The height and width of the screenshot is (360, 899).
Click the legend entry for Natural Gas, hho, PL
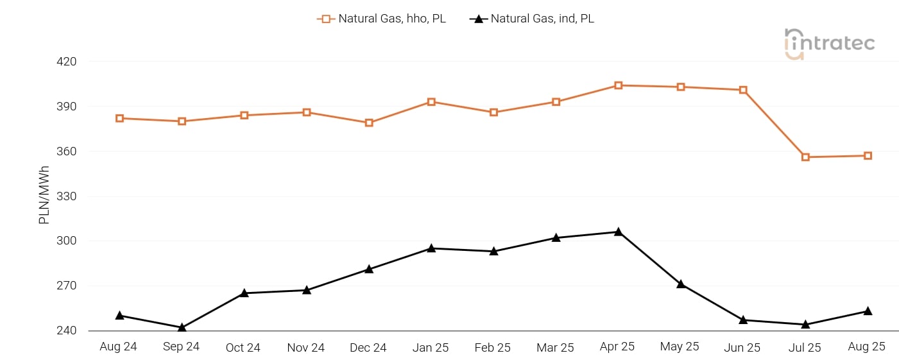(x=382, y=19)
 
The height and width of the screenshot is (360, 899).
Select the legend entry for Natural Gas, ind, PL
(x=532, y=19)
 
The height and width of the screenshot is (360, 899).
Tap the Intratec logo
(x=829, y=44)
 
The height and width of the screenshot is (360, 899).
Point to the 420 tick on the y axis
(x=67, y=62)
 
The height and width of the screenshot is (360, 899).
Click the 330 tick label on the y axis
(x=67, y=196)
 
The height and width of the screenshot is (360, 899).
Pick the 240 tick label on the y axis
(x=67, y=331)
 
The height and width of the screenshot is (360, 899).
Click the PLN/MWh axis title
(x=44, y=195)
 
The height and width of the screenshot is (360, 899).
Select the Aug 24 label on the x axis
(x=119, y=347)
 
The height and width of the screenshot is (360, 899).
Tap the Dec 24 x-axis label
(x=368, y=348)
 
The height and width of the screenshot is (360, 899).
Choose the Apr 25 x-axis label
(x=617, y=347)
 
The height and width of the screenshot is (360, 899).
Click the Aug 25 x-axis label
(x=867, y=347)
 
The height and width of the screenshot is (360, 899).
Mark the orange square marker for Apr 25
(x=618, y=85)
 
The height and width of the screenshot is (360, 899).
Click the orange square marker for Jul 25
(x=805, y=157)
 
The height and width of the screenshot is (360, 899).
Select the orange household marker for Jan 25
(x=431, y=102)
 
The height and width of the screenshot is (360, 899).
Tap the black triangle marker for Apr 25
(x=618, y=232)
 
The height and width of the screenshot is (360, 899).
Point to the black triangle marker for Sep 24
(x=182, y=327)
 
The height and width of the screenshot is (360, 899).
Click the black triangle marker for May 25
(x=680, y=284)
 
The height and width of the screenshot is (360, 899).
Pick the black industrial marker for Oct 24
(x=244, y=293)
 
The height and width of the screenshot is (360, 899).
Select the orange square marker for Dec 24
(x=369, y=123)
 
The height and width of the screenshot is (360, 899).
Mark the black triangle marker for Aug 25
(x=868, y=311)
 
